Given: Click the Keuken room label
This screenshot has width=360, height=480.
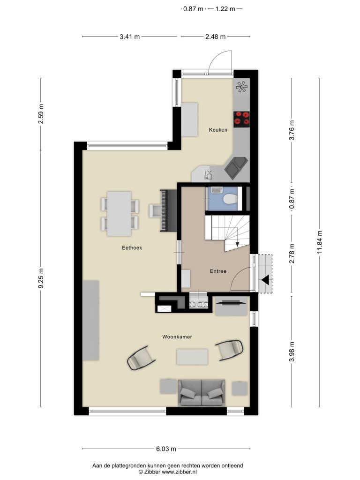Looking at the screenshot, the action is tap(218, 130).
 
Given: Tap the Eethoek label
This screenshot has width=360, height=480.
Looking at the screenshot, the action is tap(132, 247).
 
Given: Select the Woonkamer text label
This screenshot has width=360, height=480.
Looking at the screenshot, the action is tap(177, 337).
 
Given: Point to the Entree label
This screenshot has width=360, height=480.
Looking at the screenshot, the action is tap(218, 271).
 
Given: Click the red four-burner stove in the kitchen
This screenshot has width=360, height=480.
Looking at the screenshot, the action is tap(242, 119).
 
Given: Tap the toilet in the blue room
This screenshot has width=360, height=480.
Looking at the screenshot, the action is tap(230, 199).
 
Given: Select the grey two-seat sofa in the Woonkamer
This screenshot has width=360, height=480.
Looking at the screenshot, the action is tap(202, 393).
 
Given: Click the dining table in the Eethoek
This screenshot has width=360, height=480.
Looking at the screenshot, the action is tap(120, 214).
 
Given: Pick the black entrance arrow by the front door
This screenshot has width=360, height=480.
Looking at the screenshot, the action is tap(265, 280).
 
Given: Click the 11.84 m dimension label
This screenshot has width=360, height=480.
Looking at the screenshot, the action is tap(320, 242).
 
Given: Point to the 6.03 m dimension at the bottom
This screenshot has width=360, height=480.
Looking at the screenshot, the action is tap(166, 449).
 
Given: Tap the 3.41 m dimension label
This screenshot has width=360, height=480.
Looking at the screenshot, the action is tap(130, 37).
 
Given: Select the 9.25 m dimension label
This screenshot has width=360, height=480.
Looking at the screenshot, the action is tap(41, 278).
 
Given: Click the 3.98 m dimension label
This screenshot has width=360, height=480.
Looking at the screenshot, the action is tap(292, 352).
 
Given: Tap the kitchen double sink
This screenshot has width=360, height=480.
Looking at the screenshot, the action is tap(236, 168).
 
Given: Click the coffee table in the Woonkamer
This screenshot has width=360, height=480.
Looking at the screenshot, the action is tap(192, 357).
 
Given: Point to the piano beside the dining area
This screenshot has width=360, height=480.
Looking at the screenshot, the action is tap(168, 211).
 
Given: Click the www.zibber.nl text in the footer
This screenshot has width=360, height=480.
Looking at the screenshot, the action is tap(179, 472).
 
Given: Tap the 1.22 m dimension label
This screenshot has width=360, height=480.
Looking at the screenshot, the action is tap(225, 9).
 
